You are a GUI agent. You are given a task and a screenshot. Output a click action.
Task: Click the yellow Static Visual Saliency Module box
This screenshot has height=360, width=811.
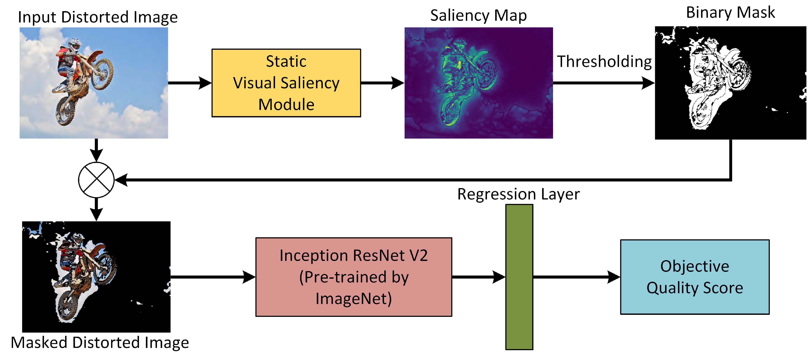click(286, 83)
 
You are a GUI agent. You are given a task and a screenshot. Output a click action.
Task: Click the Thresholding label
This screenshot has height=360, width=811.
click(604, 62)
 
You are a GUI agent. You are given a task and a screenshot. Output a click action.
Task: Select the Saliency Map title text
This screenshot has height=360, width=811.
click(478, 16)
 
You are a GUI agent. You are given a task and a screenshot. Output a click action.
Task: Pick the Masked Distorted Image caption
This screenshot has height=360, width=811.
click(100, 342)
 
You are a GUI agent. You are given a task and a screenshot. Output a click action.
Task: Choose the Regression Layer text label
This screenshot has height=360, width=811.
click(518, 194)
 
